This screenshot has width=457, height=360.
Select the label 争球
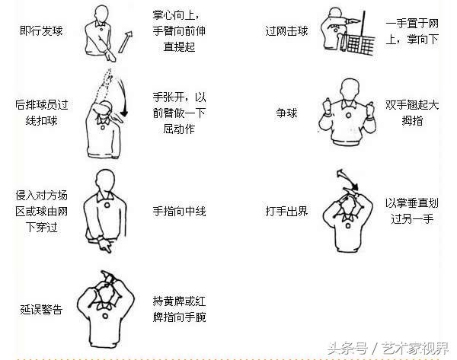[x=286, y=113]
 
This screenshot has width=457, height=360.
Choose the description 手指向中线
[x=180, y=211]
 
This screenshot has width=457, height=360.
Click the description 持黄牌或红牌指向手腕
[x=180, y=309]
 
